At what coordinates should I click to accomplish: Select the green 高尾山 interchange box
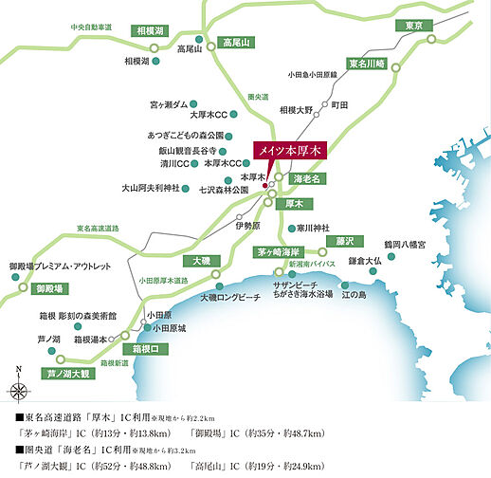pyautogui.click(x=234, y=43)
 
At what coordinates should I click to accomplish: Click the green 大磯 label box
pyautogui.click(x=201, y=260)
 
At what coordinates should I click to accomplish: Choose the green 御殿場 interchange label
pyautogui.click(x=48, y=287)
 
